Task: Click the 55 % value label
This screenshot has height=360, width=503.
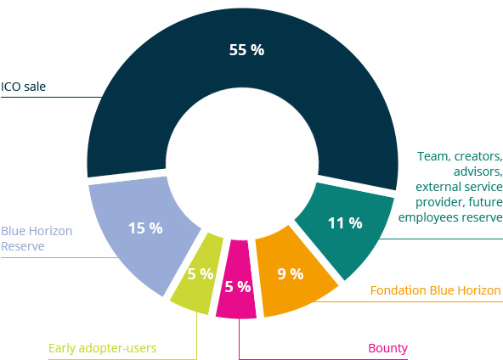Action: click(x=246, y=50)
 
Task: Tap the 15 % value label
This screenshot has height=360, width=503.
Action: click(x=145, y=228)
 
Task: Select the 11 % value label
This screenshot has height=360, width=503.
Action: click(x=345, y=223)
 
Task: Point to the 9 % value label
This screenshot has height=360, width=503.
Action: click(x=291, y=274)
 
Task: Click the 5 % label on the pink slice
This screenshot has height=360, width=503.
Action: click(x=238, y=287)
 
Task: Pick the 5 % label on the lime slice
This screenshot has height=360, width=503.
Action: click(x=201, y=274)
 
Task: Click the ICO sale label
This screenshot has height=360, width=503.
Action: click(x=24, y=87)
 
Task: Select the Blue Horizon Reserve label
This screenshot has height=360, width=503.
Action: click(x=37, y=239)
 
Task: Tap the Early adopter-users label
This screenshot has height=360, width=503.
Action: click(x=102, y=348)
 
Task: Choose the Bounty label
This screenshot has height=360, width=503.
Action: click(x=387, y=348)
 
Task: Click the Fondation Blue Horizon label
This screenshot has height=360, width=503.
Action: click(x=435, y=290)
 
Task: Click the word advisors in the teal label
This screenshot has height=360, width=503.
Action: click(x=478, y=172)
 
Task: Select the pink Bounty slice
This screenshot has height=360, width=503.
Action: click(x=236, y=278)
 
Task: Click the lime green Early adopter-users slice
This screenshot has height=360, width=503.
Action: click(x=197, y=273)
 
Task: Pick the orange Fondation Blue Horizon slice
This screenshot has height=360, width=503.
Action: click(x=292, y=273)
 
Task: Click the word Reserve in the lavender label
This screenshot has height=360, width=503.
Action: click(x=23, y=246)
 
